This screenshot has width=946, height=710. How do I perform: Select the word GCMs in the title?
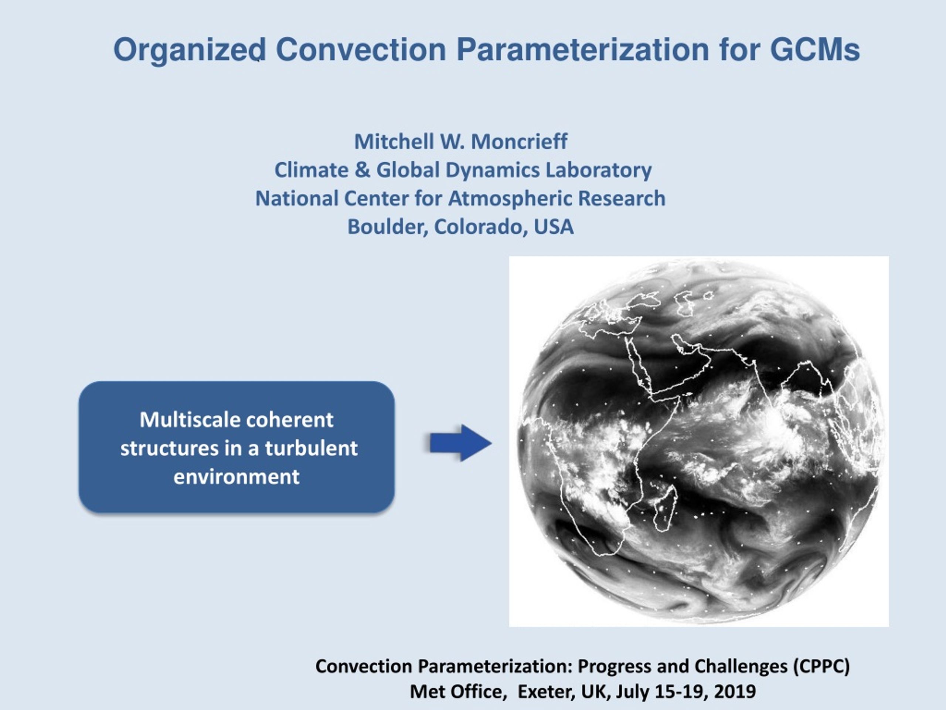[815, 50]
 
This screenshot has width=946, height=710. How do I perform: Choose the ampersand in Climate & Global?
[362, 170]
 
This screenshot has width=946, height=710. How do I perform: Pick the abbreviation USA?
[554, 227]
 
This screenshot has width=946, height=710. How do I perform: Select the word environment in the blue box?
[236, 477]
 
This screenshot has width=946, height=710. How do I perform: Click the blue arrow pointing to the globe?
[460, 443]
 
